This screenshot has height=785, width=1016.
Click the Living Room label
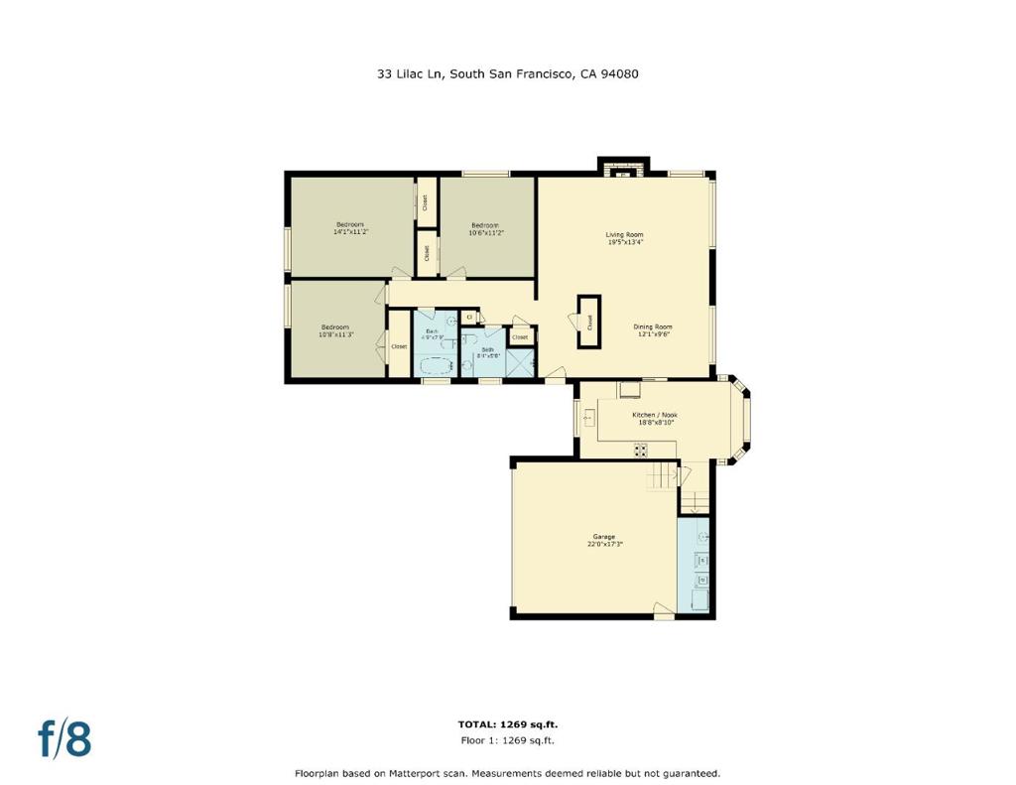tap(625, 235)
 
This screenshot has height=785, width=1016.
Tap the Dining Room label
tap(654, 327)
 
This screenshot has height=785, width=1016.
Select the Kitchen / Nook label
tap(655, 415)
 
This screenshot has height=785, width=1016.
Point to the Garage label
tap(604, 537)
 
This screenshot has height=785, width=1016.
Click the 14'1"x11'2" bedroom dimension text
tap(350, 232)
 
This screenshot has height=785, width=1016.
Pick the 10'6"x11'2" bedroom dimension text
tap(486, 232)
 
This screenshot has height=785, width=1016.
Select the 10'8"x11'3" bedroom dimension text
tap(335, 334)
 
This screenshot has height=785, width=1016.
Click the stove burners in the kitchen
tap(641, 450)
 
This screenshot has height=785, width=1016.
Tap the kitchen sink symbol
tap(588, 419)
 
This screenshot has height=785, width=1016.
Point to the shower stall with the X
tap(520, 363)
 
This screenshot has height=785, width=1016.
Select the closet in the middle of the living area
tap(589, 322)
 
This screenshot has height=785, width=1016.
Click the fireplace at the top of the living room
tap(623, 170)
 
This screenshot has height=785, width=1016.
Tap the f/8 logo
tap(64, 739)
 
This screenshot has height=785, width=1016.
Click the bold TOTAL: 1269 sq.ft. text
tap(507, 724)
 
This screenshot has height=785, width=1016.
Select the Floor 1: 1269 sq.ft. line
tap(507, 740)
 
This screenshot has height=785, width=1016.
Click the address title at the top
tap(507, 73)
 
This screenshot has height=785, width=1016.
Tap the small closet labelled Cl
tap(469, 317)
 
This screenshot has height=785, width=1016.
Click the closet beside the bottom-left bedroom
tap(399, 346)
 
